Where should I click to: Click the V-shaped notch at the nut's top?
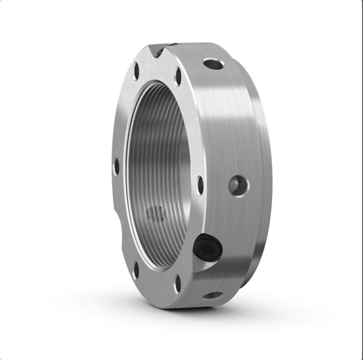(158, 50)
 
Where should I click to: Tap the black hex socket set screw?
(207, 247)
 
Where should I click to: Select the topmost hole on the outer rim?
(213, 64)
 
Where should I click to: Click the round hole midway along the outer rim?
(239, 185)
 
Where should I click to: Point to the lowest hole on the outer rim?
(213, 295)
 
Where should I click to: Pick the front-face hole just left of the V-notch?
(136, 71)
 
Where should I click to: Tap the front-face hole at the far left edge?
(116, 167)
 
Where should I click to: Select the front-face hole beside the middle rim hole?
(200, 185)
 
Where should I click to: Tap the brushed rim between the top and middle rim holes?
(227, 121)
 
